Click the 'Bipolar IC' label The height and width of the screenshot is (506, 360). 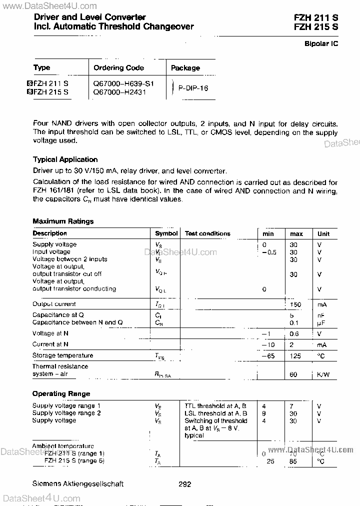[x=321, y=44]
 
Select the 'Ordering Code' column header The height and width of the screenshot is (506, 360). [x=118, y=68]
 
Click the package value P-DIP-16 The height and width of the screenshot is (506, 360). [x=193, y=88]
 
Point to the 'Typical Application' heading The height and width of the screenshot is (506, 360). [x=65, y=159]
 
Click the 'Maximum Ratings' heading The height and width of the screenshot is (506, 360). [x=63, y=221]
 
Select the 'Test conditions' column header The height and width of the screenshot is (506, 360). [x=207, y=233]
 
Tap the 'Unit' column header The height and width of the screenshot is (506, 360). [x=323, y=233]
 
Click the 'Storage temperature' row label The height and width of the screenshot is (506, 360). [x=62, y=355]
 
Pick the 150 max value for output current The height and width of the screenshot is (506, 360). [x=296, y=304]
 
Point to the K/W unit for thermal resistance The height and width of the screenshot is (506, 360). [x=323, y=374]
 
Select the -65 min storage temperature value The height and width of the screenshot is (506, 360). [x=269, y=355]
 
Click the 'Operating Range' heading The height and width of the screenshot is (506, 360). [x=61, y=394]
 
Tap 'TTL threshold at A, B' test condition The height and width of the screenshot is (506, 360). [x=216, y=406]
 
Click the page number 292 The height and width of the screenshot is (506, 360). [x=184, y=484]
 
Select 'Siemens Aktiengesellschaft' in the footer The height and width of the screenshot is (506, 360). [x=77, y=484]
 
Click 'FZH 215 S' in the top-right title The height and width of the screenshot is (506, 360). [x=316, y=27]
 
